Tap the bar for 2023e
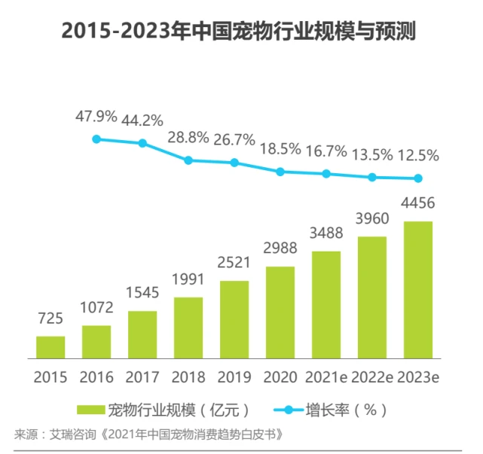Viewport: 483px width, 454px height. [418, 289]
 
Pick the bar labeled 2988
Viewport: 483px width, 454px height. [280, 301]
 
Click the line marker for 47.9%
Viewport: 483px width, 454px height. [96, 139]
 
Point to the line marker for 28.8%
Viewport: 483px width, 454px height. [188, 160]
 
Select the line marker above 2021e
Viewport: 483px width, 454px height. [326, 174]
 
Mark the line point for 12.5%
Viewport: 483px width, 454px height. [418, 178]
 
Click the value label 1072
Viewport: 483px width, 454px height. [96, 309]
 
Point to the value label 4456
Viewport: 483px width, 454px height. [418, 203]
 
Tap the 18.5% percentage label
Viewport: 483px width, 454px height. [280, 149]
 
